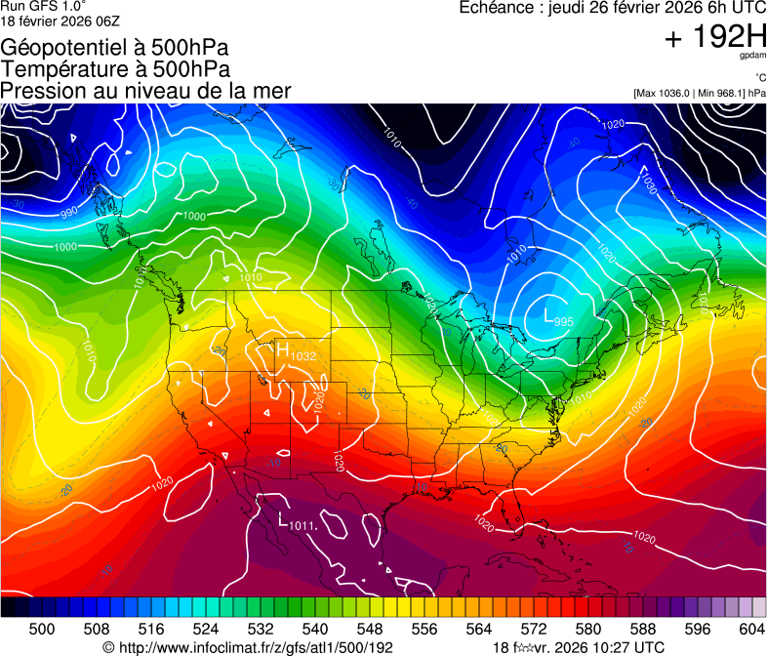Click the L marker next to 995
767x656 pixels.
click(547, 314)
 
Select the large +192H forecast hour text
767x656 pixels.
click(715, 38)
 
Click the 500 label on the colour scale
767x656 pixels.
click(42, 629)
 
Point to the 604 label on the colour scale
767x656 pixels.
click(752, 629)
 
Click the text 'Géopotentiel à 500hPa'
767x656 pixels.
click(115, 48)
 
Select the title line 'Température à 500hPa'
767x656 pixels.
click(115, 69)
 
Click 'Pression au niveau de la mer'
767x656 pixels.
click(145, 91)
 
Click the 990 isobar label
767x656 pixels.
click(68, 212)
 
